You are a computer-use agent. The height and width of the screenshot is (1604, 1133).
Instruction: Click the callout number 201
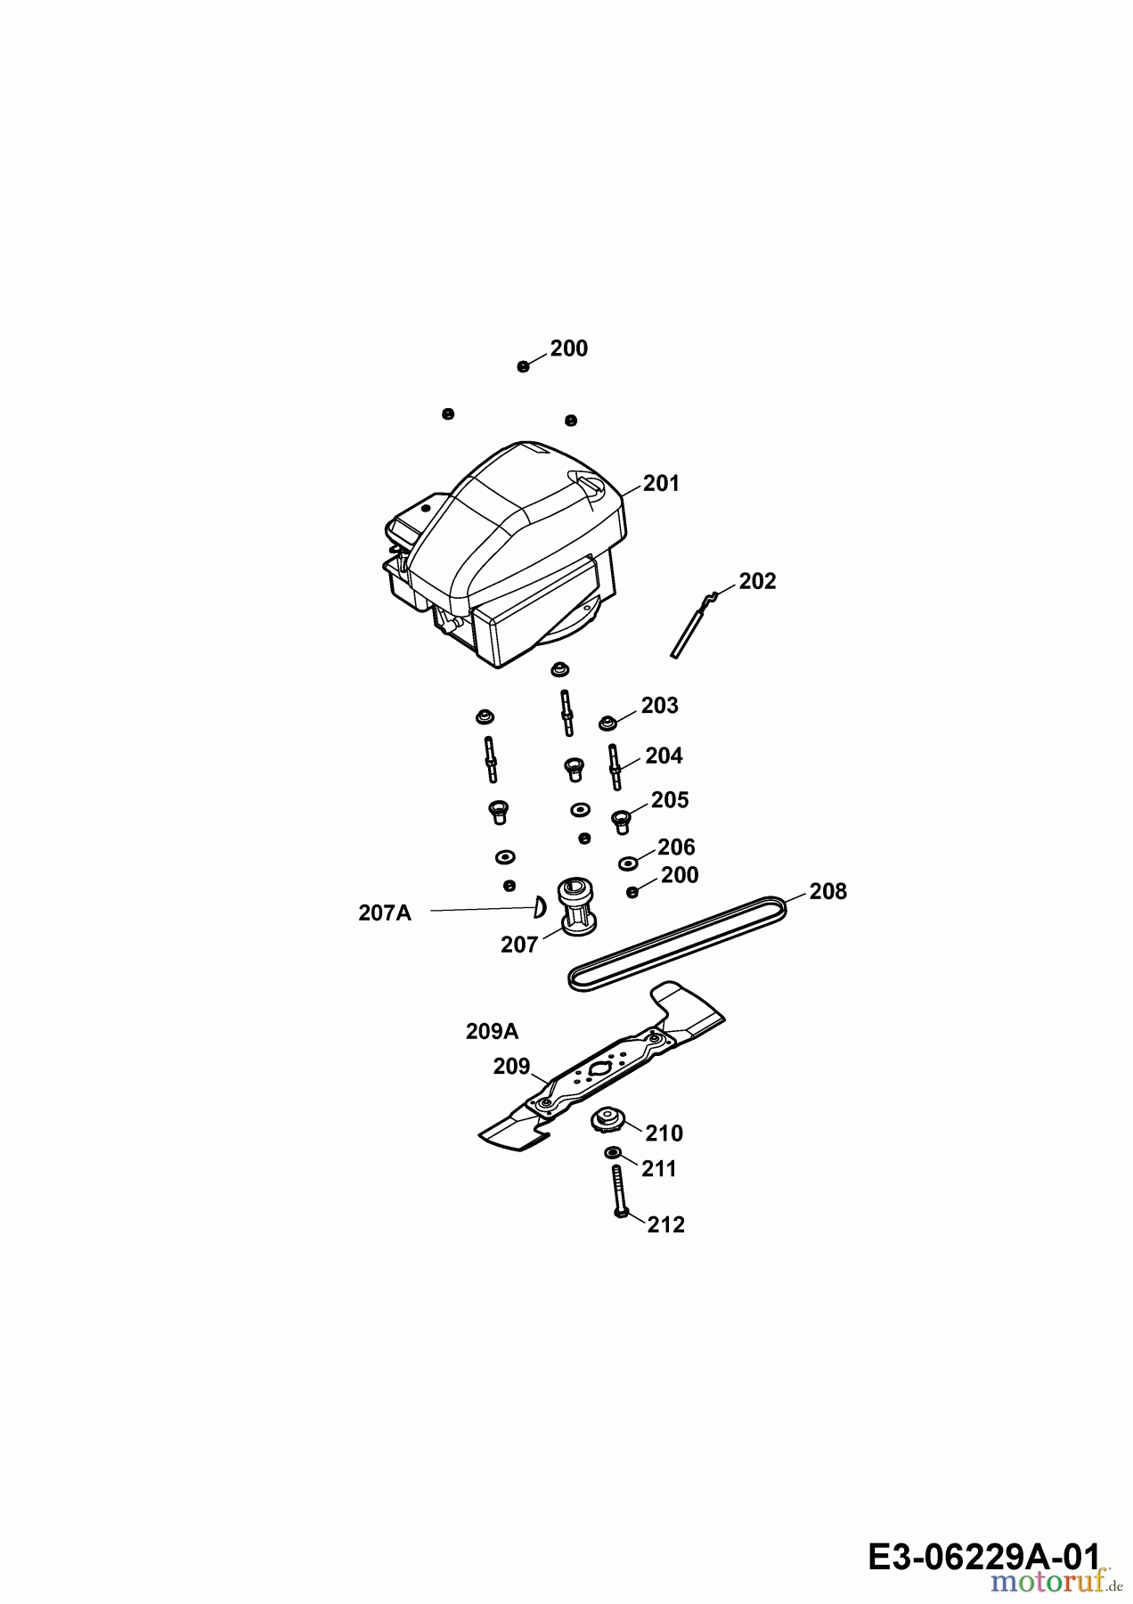tap(661, 483)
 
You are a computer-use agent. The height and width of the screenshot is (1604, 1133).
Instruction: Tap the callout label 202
tap(758, 581)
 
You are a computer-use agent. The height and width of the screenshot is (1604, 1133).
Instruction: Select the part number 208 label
tap(828, 891)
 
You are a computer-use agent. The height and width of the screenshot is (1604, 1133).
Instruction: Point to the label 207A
tap(385, 912)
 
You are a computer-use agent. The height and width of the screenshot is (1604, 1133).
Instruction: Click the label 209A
tap(492, 1031)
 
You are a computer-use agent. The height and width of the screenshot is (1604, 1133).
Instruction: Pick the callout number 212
tap(666, 1224)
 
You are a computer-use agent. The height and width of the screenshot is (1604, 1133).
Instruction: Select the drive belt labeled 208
tap(678, 943)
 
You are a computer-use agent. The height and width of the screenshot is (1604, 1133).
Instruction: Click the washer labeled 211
tap(613, 1154)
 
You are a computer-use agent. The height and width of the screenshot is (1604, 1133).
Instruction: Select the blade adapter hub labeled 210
tap(608, 1119)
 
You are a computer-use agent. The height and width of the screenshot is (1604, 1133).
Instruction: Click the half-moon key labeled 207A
tap(538, 907)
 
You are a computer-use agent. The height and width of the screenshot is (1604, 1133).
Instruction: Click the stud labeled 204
tap(614, 766)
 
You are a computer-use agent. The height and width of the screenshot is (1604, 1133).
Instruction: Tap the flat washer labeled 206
tap(628, 863)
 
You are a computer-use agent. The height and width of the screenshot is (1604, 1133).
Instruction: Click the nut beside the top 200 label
tap(523, 366)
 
